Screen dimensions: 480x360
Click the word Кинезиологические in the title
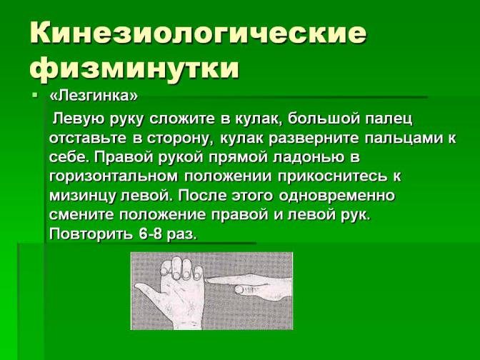coord(198,32)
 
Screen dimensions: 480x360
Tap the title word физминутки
coord(134,67)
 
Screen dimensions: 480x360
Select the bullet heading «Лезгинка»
coord(94,96)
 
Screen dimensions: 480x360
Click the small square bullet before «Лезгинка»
coord(34,95)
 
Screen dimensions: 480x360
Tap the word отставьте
coord(88,138)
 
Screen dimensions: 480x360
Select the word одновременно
coord(336,196)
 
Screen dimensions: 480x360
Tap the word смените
coord(81,214)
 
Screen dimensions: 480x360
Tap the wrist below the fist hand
coord(184,319)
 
